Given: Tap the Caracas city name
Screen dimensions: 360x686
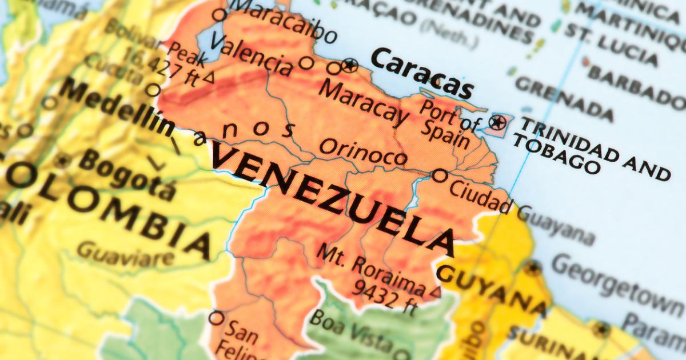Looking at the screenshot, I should pos(422,73).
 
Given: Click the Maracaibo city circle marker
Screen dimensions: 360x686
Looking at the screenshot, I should pos(219,15).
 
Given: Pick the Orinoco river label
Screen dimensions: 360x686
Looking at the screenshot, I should pos(363,151).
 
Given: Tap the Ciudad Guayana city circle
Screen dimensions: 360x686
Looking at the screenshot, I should pos(440,175).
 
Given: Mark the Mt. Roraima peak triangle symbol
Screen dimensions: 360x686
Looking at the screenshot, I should pos(436,292).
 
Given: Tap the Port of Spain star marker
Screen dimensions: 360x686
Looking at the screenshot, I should pos(497,122).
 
